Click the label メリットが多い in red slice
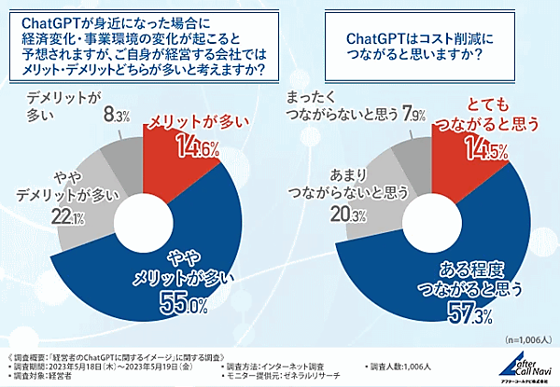tap(175, 121)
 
